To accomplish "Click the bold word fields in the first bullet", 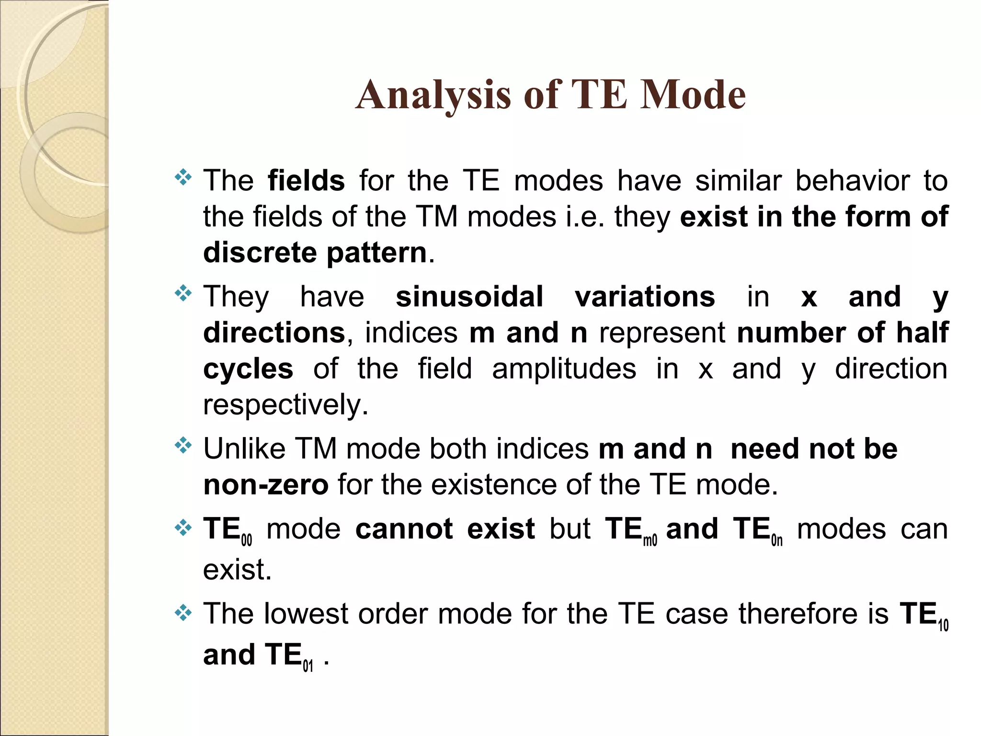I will coord(306,181).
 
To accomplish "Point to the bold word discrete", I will coord(260,253).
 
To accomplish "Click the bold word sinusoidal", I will coord(469,297).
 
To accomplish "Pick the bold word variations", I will coord(645,297).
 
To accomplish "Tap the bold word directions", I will coord(274,333).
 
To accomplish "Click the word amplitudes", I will coord(564,368).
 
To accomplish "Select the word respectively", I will coord(285,405).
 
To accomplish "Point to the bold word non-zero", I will coord(266,484).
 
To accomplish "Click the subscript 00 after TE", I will coord(246,541).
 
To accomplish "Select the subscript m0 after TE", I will coord(650,541).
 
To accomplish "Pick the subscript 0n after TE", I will coord(777,541).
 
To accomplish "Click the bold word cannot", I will coord(404,529).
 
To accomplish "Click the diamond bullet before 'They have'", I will coord(183,293).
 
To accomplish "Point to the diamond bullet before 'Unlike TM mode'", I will coord(183,446).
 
